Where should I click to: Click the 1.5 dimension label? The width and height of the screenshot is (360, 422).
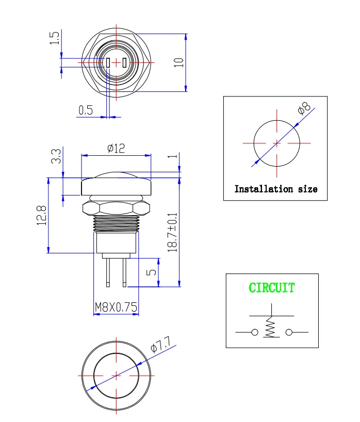point(54,38)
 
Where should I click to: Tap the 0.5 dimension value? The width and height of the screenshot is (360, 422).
point(86,110)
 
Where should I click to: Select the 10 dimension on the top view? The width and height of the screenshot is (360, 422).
point(178,62)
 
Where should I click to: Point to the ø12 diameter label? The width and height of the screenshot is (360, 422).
point(116,148)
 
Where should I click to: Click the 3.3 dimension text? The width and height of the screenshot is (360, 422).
point(56,156)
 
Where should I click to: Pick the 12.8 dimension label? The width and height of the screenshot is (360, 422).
point(42,215)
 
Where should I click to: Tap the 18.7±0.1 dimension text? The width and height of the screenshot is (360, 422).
point(172,232)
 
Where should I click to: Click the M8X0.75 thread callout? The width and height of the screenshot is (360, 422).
point(116,307)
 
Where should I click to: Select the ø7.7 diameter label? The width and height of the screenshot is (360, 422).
point(160,344)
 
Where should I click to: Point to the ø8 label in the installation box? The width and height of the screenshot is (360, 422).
point(304,108)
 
